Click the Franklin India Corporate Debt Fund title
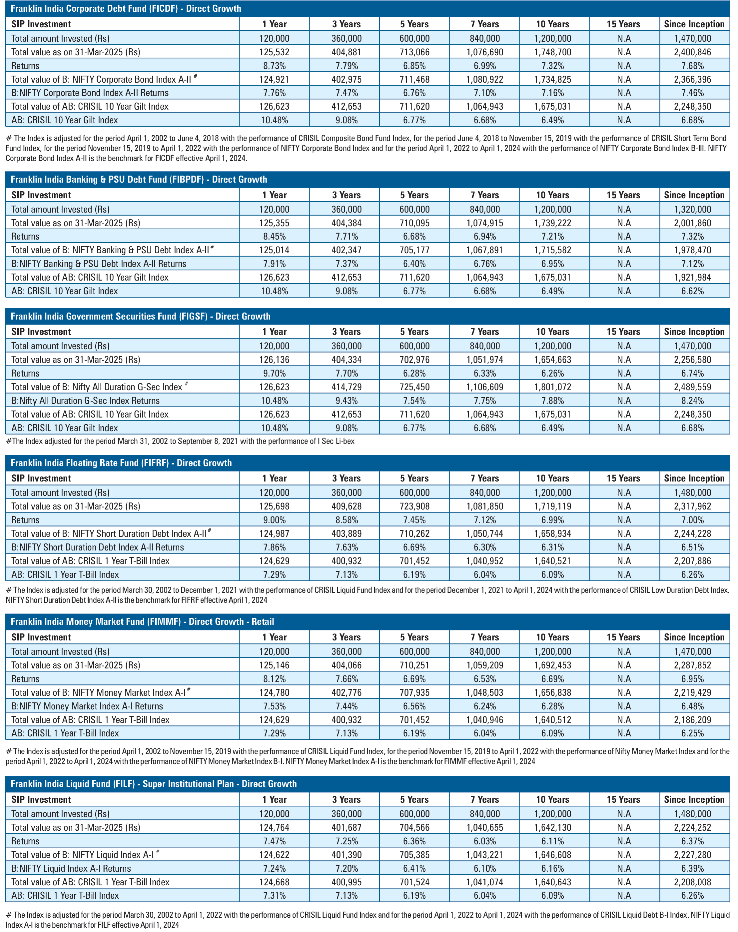(x=126, y=9)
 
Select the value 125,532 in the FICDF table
(x=274, y=52)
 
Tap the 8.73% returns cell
(x=274, y=66)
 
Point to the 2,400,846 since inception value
(x=693, y=52)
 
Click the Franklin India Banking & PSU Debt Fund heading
(x=139, y=180)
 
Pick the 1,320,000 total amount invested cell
(x=693, y=210)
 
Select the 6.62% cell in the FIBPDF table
(x=693, y=291)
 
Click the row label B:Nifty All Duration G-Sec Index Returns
(x=86, y=401)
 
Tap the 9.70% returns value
(x=274, y=373)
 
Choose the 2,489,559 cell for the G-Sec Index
(x=693, y=387)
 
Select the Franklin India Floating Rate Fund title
(x=121, y=463)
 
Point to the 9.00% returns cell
(x=274, y=520)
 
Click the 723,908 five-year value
(x=414, y=506)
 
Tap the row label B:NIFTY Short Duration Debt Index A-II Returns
(x=98, y=547)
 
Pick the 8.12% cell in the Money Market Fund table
(x=274, y=679)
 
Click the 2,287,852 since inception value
(x=693, y=665)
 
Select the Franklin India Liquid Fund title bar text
(x=154, y=784)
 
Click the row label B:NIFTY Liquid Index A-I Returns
(x=71, y=868)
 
